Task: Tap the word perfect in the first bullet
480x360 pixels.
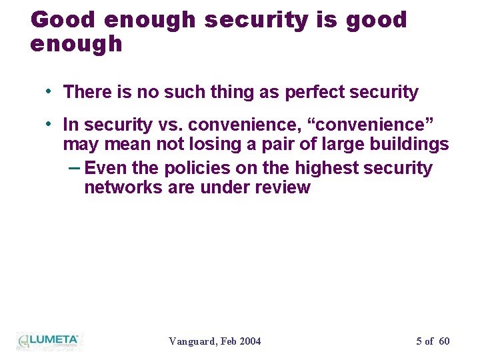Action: [x=313, y=93]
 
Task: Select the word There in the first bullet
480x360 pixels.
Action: [x=85, y=92]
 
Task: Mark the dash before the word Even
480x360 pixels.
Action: [x=75, y=167]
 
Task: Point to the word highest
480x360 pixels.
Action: [x=321, y=168]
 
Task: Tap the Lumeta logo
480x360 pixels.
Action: [x=48, y=341]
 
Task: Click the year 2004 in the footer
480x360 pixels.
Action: [x=249, y=341]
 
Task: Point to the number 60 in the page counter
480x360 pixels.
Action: [x=444, y=341]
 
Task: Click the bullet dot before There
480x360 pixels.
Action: [x=50, y=90]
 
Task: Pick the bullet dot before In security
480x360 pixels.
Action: [x=50, y=123]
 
